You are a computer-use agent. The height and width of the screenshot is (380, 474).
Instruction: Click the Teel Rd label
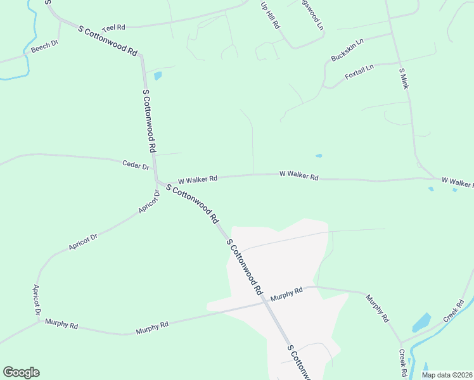[114, 27]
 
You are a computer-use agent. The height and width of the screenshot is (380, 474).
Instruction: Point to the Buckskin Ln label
[347, 50]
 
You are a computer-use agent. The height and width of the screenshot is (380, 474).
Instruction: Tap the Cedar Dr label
[135, 165]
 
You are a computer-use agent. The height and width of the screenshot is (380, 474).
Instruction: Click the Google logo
[21, 372]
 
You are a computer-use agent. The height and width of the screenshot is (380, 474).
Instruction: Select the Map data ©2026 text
[446, 375]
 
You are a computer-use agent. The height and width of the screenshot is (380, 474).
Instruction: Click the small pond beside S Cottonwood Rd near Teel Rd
[158, 76]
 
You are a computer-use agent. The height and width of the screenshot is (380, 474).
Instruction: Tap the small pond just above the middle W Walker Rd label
[319, 156]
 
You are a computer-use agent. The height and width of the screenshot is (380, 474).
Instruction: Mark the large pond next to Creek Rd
[421, 323]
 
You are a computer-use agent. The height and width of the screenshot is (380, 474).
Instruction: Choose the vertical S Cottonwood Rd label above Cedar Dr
[149, 120]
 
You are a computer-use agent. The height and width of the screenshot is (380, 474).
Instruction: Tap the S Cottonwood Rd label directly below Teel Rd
[108, 41]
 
